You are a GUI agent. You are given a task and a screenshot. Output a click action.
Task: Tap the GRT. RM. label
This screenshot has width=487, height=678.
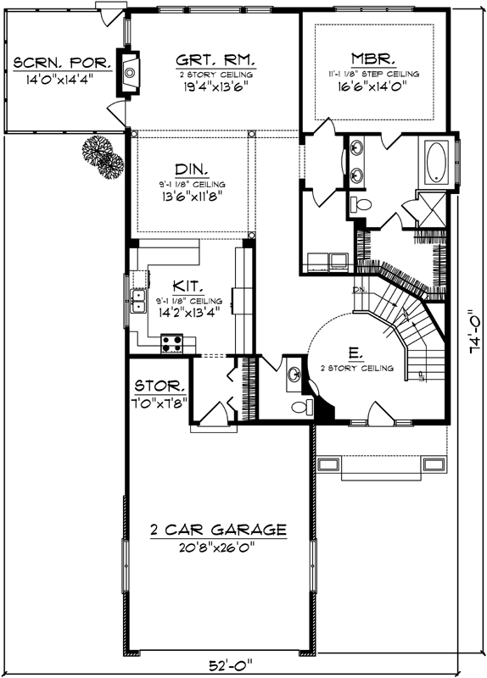coord(216,61)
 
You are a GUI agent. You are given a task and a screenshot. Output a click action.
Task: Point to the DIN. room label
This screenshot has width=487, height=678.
coord(192,169)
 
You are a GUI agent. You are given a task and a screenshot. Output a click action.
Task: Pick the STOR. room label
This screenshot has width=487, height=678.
coord(158,386)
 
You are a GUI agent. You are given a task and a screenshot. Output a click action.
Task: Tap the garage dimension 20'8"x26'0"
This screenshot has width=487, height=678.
coord(217,547)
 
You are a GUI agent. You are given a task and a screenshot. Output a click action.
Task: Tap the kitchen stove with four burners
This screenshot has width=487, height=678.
coord(172,343)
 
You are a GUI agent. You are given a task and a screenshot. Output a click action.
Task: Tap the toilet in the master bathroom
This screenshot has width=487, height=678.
coord(359,205)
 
